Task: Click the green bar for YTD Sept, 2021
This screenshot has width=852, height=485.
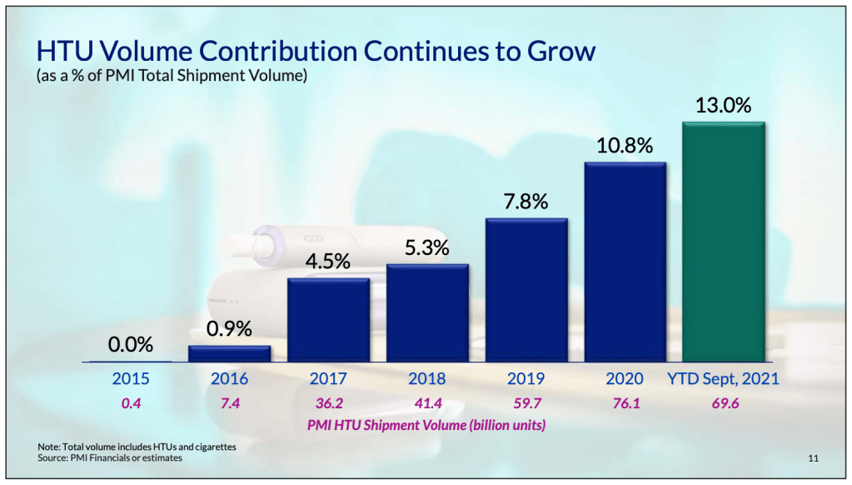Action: pyautogui.click(x=723, y=242)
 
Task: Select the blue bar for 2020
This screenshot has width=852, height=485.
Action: pyautogui.click(x=625, y=262)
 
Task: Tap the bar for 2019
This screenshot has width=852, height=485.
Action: pyautogui.click(x=526, y=290)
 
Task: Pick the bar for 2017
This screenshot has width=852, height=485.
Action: pyautogui.click(x=328, y=320)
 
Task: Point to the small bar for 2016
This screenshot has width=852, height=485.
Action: pyautogui.click(x=229, y=353)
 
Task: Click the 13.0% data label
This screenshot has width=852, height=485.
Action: pyautogui.click(x=723, y=106)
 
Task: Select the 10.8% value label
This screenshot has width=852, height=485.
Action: pyautogui.click(x=624, y=146)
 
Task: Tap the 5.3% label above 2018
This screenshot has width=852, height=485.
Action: pyautogui.click(x=427, y=248)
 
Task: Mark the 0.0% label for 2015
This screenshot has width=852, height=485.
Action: pyautogui.click(x=130, y=344)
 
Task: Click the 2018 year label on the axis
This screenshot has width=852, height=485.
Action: pyautogui.click(x=426, y=379)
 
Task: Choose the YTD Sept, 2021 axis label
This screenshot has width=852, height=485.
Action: pyautogui.click(x=723, y=379)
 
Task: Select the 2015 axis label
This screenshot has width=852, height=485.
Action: pyautogui.click(x=130, y=379)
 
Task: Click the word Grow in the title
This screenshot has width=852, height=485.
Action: pyautogui.click(x=561, y=52)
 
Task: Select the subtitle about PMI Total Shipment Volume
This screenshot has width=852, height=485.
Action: pyautogui.click(x=172, y=77)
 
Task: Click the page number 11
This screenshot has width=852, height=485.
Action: pyautogui.click(x=814, y=458)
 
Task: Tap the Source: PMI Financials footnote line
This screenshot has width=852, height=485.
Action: pyautogui.click(x=110, y=458)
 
